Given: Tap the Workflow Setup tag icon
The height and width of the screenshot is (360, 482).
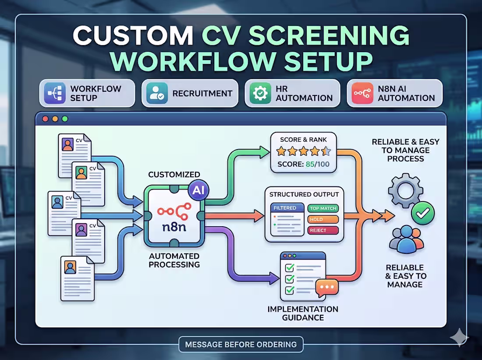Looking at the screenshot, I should click(55, 93).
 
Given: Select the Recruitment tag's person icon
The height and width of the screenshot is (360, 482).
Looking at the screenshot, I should click(156, 93).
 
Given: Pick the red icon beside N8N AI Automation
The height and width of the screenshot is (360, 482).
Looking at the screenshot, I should click(362, 93).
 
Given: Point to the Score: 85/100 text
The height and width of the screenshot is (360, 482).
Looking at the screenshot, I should click(303, 165).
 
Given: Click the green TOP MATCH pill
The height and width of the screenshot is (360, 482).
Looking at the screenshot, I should click(323, 209).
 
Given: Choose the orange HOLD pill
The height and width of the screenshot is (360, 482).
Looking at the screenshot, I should click(323, 220).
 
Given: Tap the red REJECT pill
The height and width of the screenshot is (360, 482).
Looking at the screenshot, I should click(323, 230).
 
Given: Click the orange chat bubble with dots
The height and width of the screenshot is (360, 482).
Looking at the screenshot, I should click(326, 288).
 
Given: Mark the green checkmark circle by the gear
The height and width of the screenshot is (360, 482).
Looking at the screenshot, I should click(423, 214).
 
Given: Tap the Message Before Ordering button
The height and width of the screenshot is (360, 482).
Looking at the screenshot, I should click(241, 344).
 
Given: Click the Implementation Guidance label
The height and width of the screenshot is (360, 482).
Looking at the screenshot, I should click(303, 313).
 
